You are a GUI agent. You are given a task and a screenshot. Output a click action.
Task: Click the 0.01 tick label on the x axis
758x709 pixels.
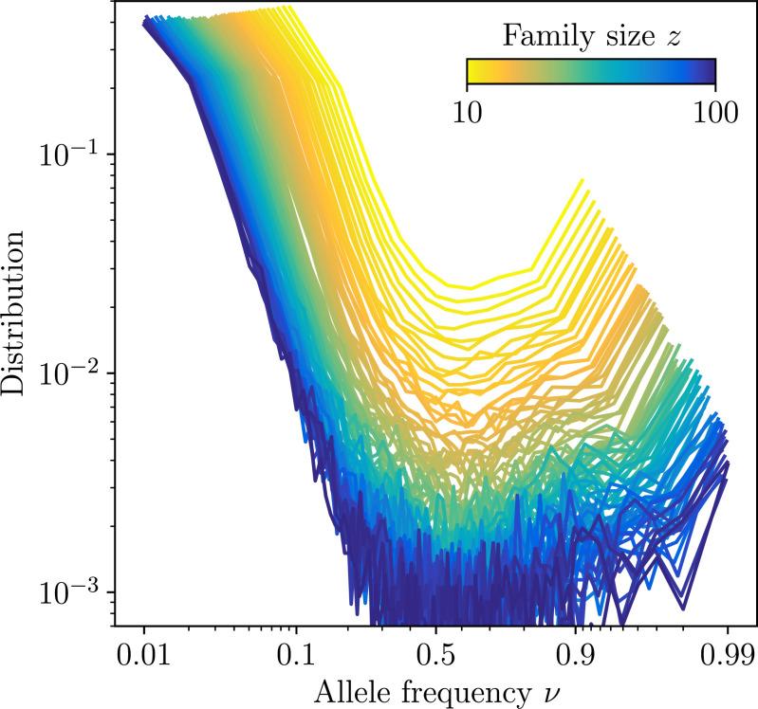point(143,655)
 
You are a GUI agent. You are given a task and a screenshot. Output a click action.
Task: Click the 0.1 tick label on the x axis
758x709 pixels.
point(297,655)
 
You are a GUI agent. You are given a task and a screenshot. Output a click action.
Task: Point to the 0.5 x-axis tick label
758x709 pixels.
point(435,655)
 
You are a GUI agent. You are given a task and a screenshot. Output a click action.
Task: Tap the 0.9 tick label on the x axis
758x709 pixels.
point(574,655)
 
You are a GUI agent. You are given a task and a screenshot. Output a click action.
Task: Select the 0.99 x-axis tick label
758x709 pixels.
point(727,655)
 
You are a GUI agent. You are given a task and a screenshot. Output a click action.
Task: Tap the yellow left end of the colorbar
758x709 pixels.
point(471,72)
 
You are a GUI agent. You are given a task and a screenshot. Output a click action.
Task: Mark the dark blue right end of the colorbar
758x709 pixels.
point(710,72)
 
